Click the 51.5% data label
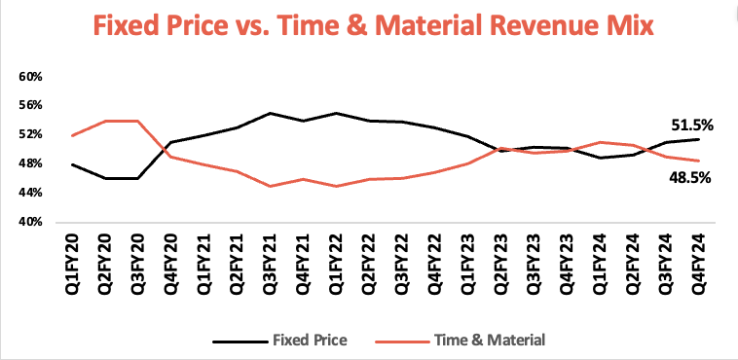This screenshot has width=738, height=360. click(693, 125)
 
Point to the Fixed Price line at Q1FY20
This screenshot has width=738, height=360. click(74, 164)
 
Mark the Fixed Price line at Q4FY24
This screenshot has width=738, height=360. click(696, 139)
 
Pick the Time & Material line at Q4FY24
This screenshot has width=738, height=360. click(696, 161)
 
